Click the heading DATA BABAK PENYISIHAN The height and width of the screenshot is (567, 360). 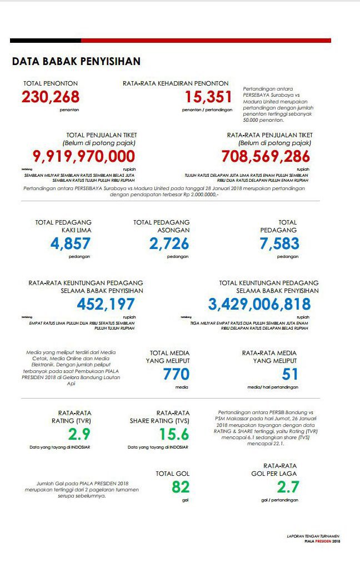[x=76, y=61]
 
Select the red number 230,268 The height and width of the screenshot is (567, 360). [x=51, y=97]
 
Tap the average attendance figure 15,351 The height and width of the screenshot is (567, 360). [x=208, y=97]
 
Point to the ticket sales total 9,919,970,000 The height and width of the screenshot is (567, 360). [x=84, y=156]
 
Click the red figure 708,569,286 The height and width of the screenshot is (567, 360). [x=266, y=156]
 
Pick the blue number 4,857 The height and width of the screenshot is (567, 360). [x=70, y=243]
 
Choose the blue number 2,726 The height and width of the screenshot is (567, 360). [x=169, y=243]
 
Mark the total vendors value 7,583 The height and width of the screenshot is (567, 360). [x=279, y=243]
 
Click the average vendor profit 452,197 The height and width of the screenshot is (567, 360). [x=106, y=304]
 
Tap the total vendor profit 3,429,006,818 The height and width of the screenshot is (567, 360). [x=259, y=304]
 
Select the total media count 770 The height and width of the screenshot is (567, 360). [x=176, y=374]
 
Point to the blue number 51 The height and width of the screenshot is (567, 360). [x=291, y=374]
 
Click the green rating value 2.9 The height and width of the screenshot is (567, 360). [x=79, y=434]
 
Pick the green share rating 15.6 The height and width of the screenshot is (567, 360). [x=174, y=434]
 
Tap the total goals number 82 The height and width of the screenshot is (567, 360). [x=181, y=487]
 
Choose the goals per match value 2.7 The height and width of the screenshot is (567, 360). [x=288, y=487]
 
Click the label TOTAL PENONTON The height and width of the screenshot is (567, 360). [x=47, y=83]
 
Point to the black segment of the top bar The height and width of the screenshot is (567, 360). [x=46, y=41]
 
